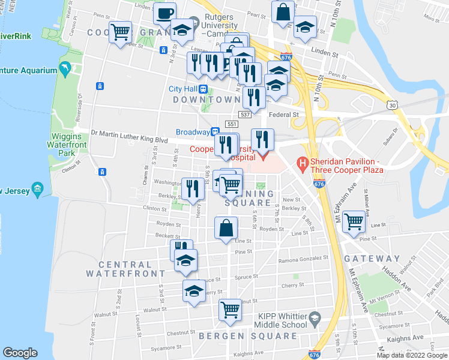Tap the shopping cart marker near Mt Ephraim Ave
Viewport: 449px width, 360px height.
[x=354, y=222]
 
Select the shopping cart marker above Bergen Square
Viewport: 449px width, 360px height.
[x=230, y=310]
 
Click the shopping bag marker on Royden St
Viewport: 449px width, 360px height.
[x=226, y=228]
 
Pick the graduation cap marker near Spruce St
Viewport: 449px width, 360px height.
[x=194, y=291]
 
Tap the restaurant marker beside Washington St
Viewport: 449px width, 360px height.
[x=193, y=188]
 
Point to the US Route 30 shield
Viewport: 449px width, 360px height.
[x=392, y=105]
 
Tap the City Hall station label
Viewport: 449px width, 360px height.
[x=188, y=89]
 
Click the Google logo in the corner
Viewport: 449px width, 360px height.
[x=20, y=353]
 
